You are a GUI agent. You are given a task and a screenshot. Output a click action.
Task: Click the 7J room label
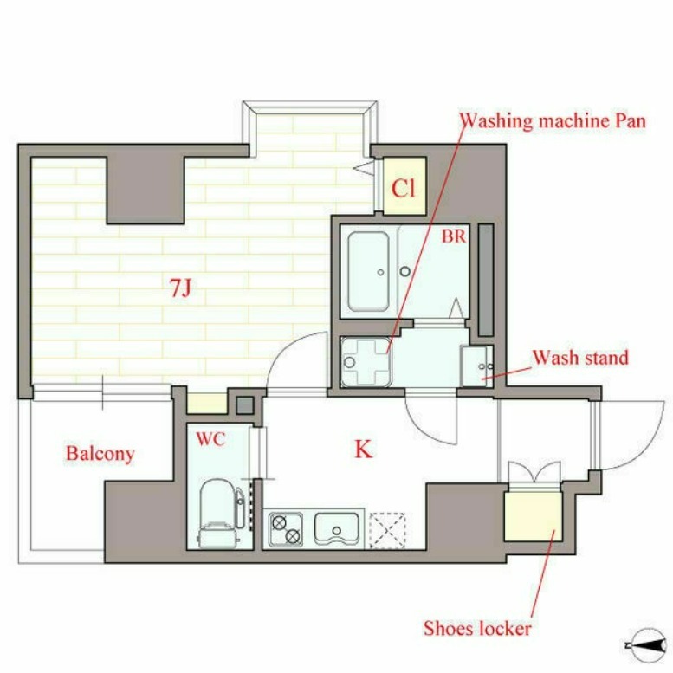pyautogui.click(x=180, y=288)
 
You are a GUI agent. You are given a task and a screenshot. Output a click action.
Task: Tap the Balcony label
pyautogui.click(x=100, y=454)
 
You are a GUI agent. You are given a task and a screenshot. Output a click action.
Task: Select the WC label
pyautogui.click(x=210, y=439)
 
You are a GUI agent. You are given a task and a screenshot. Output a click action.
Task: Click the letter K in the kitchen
pyautogui.click(x=364, y=450)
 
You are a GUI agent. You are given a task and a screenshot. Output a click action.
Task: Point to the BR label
pyautogui.click(x=454, y=236)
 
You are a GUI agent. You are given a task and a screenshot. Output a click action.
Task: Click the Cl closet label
pyautogui.click(x=404, y=188)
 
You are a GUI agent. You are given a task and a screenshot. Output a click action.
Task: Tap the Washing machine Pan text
pyautogui.click(x=553, y=121)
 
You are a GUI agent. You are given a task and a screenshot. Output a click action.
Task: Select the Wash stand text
pyautogui.click(x=580, y=358)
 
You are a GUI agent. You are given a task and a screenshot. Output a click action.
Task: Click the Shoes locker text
pyautogui.click(x=477, y=629)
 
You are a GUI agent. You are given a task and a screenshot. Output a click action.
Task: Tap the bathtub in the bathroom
pyautogui.click(x=369, y=271)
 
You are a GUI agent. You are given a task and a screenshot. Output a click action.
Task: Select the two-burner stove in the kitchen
pyautogui.click(x=286, y=529)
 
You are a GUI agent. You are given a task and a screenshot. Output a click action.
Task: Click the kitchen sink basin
pyautogui.click(x=336, y=528)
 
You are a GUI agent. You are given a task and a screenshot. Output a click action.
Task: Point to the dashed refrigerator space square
pyautogui.click(x=387, y=529)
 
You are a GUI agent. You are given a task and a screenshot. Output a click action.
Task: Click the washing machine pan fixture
pyautogui.click(x=366, y=362)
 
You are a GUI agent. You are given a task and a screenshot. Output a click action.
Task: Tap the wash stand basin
pyautogui.click(x=477, y=366)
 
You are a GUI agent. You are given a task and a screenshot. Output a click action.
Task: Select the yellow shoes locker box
pyautogui.click(x=533, y=516)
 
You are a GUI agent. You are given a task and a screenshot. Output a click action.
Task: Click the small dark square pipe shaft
pyautogui.click(x=245, y=405)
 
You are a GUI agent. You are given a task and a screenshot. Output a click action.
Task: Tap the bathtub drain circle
pyautogui.click(x=381, y=272)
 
